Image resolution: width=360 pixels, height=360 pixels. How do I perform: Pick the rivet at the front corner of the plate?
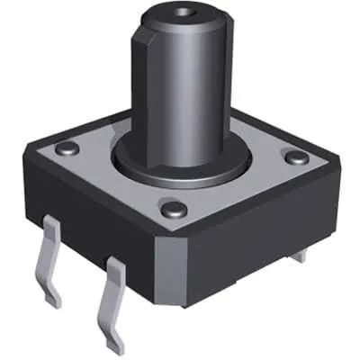175,209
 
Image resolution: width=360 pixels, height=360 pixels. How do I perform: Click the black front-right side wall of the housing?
261,252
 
